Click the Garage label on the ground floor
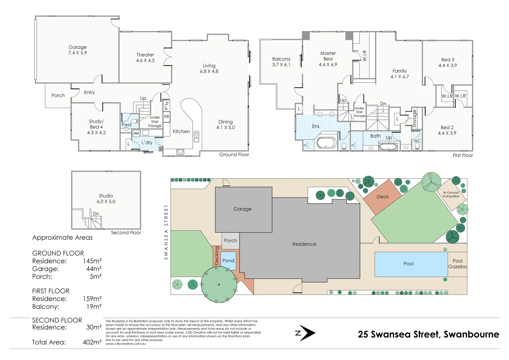(x=78, y=47)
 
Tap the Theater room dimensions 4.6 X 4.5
(x=145, y=60)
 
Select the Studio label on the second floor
(x=106, y=196)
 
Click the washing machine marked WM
(x=136, y=133)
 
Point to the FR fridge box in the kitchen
(x=167, y=117)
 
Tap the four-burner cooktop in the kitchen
(x=180, y=152)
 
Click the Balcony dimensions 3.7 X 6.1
(x=281, y=65)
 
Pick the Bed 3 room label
(x=448, y=60)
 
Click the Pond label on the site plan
(x=228, y=261)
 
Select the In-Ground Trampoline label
(x=451, y=194)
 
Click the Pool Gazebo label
(x=457, y=264)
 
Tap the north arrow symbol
(x=305, y=333)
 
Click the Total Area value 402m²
(x=92, y=342)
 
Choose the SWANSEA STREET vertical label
(x=166, y=232)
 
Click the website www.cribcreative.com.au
(x=126, y=344)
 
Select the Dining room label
(x=226, y=122)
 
